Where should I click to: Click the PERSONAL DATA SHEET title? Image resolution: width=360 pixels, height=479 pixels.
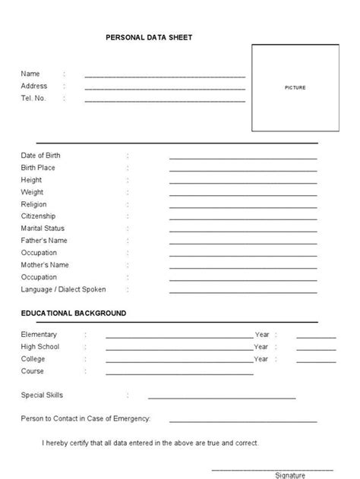point(150,36)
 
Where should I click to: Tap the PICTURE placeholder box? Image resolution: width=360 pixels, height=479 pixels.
point(295,88)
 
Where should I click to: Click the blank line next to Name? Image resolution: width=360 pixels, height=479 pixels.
point(165,77)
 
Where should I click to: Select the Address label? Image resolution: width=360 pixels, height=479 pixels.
point(34,86)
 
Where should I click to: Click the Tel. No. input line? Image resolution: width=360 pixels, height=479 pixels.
point(165,100)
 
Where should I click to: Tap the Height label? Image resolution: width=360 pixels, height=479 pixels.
point(32,180)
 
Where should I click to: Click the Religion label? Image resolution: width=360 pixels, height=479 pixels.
point(33,204)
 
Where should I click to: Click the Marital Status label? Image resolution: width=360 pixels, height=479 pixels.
point(43,228)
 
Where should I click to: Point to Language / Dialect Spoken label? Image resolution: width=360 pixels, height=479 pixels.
point(63,289)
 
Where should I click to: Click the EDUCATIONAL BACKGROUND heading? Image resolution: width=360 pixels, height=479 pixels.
point(74,313)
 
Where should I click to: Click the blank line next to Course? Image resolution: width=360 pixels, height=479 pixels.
point(179,373)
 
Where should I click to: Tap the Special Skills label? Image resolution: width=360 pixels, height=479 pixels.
point(42,395)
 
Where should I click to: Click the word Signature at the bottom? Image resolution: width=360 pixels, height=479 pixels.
point(289,474)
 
